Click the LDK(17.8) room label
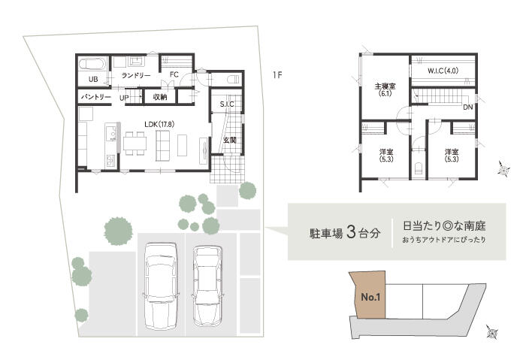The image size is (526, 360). pyautogui.click(x=159, y=123)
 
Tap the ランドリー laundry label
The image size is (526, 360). pyautogui.click(x=137, y=76)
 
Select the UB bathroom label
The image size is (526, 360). pyautogui.click(x=93, y=79)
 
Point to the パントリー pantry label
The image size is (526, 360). pyautogui.click(x=96, y=98)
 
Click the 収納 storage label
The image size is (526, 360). pyautogui.click(x=159, y=98)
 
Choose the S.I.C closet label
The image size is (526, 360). pyautogui.click(x=228, y=104)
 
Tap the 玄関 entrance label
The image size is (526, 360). pyautogui.click(x=229, y=140)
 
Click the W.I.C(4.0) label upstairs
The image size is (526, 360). pyautogui.click(x=443, y=71)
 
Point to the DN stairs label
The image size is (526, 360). pyautogui.click(x=467, y=107)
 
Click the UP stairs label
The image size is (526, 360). pyautogui.click(x=125, y=98)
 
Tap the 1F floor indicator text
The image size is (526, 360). pyautogui.click(x=277, y=74)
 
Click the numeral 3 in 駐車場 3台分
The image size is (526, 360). pyautogui.click(x=351, y=231)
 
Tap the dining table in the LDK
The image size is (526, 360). pyautogui.click(x=136, y=143)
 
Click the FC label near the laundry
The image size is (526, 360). pyautogui.click(x=173, y=74)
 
